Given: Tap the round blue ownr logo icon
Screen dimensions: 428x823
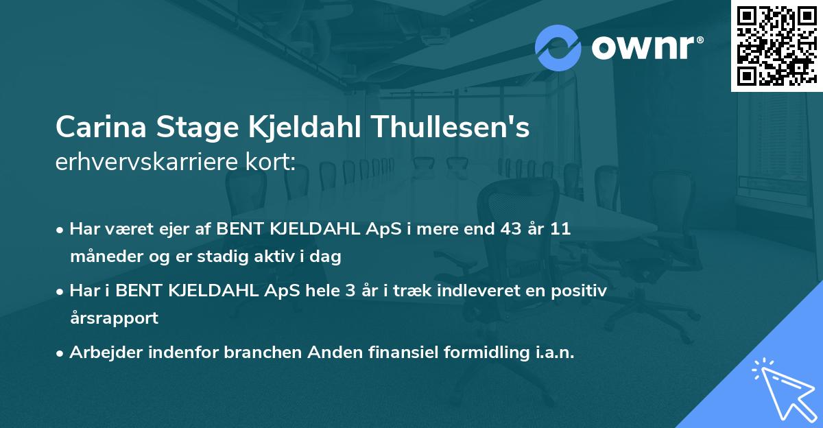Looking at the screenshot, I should click(x=558, y=49).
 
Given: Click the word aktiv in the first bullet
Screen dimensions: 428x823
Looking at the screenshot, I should click(x=271, y=257).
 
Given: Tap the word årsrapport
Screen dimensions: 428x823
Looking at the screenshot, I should click(x=114, y=318).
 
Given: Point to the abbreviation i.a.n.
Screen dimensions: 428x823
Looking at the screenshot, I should click(x=553, y=352).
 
